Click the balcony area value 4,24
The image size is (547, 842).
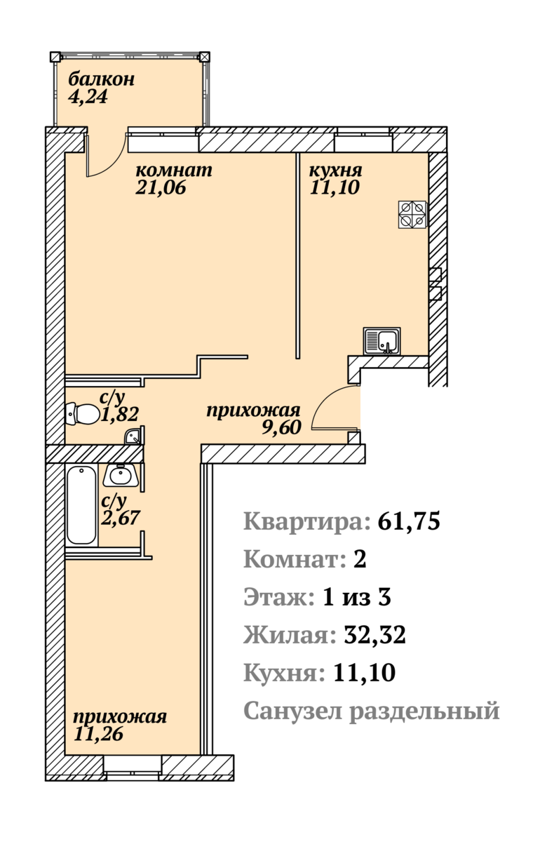(88, 97)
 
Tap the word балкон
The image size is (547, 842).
(102, 80)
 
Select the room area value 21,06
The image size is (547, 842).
(161, 187)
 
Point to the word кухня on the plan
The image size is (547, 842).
(335, 171)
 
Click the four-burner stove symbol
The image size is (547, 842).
(412, 215)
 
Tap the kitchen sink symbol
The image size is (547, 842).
(381, 340)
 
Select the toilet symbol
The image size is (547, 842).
(83, 414)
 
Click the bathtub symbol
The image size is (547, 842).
(82, 504)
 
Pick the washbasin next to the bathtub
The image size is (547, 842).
(121, 475)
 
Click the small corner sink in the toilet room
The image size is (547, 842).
(133, 436)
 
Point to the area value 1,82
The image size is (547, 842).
(120, 414)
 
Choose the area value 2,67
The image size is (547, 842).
(121, 518)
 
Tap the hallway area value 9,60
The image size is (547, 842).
(282, 427)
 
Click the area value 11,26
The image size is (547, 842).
(98, 734)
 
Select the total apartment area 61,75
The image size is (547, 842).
(409, 522)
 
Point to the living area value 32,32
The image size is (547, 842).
(375, 635)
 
